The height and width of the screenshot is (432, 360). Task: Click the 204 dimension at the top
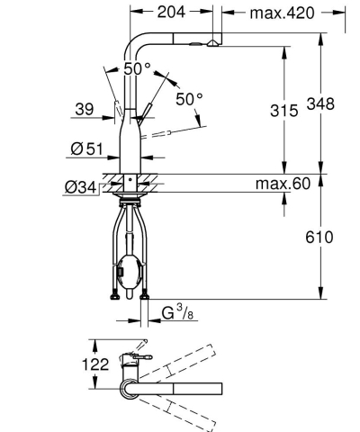click(x=172, y=13)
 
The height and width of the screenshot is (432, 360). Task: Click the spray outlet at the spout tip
click(x=211, y=42)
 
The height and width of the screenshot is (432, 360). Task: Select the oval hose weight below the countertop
click(x=127, y=269)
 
